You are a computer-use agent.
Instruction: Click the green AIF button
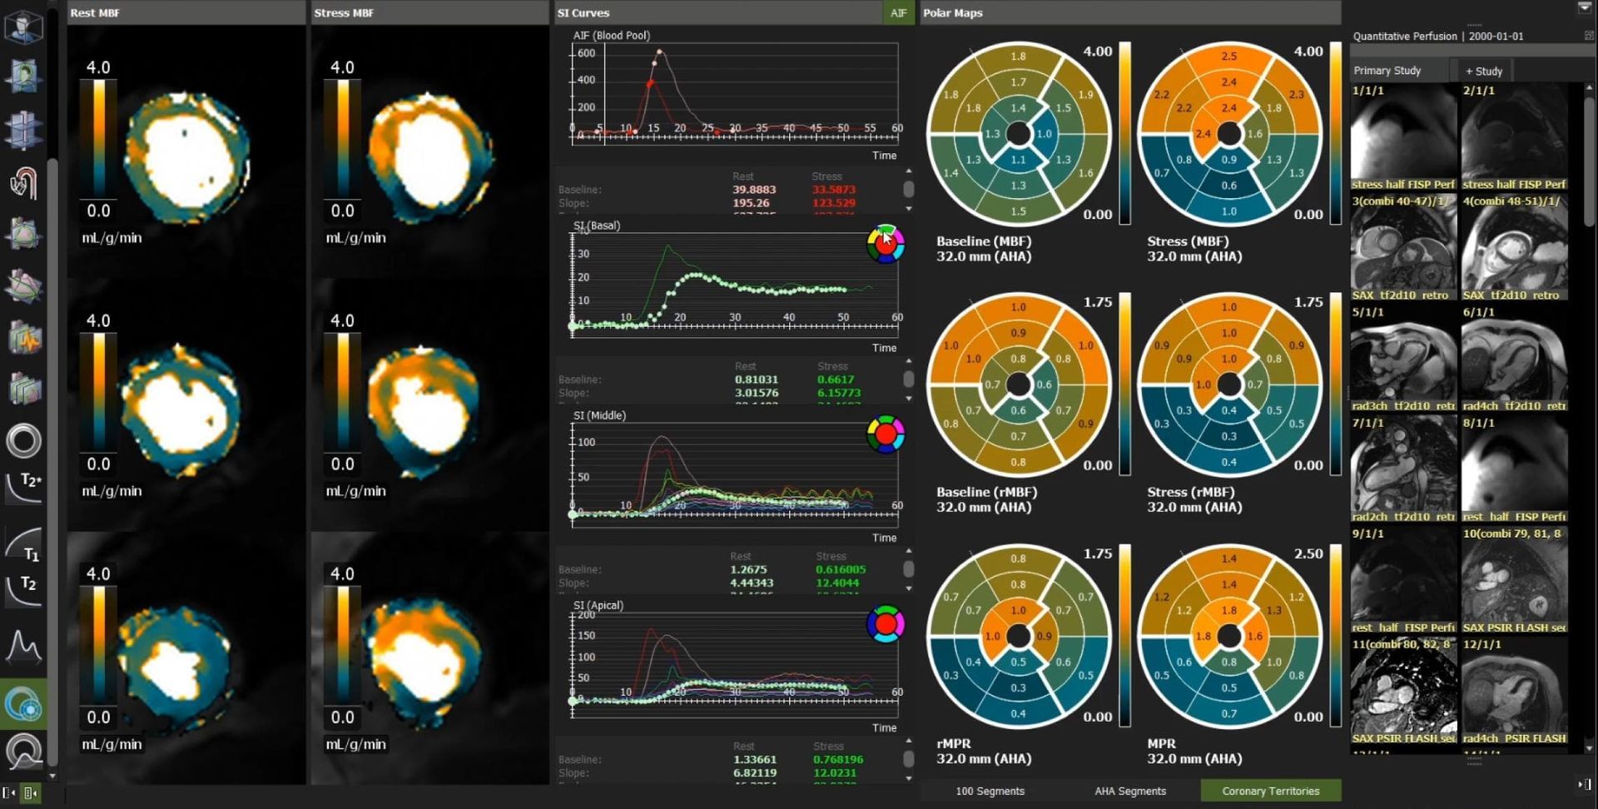click(898, 12)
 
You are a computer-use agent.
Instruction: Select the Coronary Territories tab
click(1270, 791)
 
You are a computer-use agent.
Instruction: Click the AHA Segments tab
click(1129, 791)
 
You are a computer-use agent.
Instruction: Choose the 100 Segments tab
click(990, 791)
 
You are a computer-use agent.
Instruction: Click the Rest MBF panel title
click(95, 12)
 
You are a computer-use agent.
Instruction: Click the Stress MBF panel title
click(344, 12)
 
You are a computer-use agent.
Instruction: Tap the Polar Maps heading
click(952, 12)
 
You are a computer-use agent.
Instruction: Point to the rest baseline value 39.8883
click(753, 190)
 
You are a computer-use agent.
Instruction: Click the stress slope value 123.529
click(833, 203)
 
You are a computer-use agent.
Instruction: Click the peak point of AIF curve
click(660, 52)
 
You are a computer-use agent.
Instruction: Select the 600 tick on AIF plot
click(586, 53)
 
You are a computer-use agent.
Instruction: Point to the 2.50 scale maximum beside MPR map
click(1308, 553)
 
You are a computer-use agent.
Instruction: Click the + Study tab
click(1483, 71)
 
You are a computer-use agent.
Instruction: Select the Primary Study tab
click(1387, 71)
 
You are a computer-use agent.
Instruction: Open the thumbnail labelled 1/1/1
click(1402, 137)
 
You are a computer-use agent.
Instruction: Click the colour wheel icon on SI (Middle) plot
click(885, 434)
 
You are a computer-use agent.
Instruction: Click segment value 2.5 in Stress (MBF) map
click(1228, 56)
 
